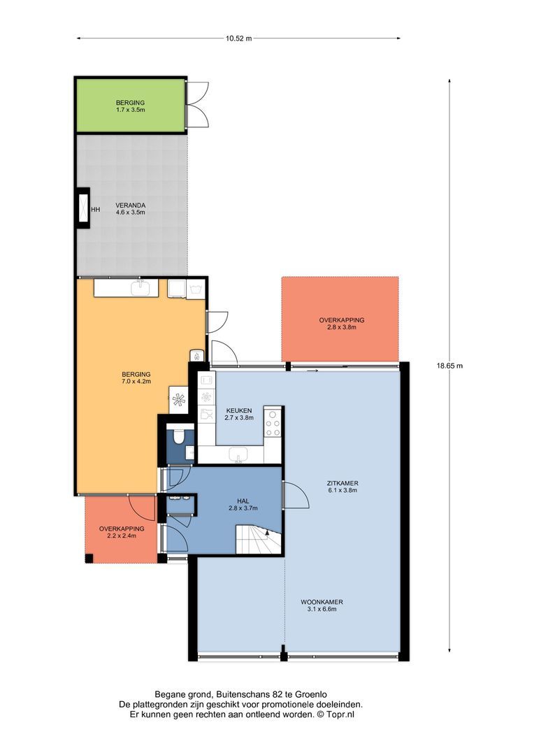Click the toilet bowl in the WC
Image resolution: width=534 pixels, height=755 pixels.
click(x=179, y=437)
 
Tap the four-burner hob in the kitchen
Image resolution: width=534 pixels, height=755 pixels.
click(x=273, y=423)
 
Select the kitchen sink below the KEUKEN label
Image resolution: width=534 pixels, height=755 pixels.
click(x=238, y=454)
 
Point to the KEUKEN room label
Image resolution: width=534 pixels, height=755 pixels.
click(x=239, y=414)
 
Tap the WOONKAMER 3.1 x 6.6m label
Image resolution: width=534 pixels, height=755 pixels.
click(x=322, y=605)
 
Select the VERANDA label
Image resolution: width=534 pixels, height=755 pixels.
click(x=131, y=208)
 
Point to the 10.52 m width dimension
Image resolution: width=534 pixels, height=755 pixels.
click(x=239, y=38)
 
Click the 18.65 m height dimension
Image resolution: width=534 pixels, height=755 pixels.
click(x=449, y=366)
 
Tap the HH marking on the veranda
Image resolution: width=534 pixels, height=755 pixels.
click(x=95, y=210)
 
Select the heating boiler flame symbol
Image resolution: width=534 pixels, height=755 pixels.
click(x=196, y=355)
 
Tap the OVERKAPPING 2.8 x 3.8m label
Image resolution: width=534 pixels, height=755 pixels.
click(x=341, y=324)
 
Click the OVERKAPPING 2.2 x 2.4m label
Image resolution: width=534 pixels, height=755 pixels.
click(x=122, y=532)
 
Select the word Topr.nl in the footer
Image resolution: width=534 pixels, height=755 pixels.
click(x=340, y=714)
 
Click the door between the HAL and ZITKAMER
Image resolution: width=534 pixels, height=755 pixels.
click(x=295, y=495)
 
